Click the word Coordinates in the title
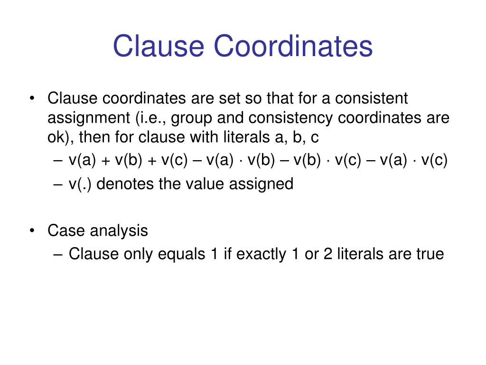293,46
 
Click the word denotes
125,183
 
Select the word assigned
262,183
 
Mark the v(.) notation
82,183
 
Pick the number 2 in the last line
327,254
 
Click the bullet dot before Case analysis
32,231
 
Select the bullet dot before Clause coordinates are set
32,99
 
